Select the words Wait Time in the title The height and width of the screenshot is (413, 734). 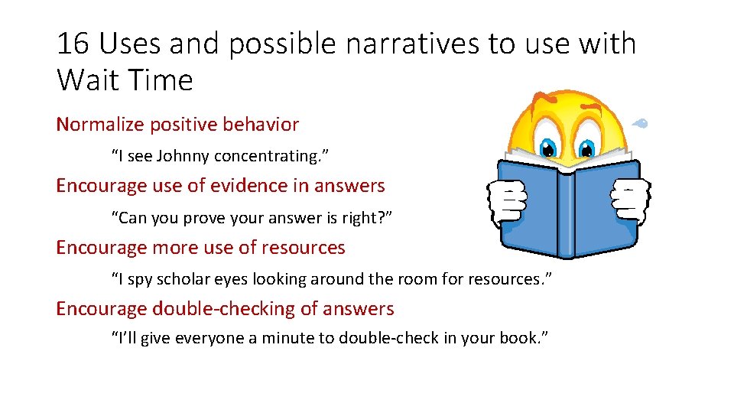(125, 80)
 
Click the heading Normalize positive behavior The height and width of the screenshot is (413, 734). (177, 124)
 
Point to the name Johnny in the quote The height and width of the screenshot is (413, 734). (183, 157)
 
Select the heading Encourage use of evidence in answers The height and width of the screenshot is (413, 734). (220, 185)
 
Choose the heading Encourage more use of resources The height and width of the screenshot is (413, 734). (200, 248)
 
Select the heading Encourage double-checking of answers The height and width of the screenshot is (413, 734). (225, 309)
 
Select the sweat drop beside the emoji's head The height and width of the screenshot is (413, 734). (642, 122)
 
